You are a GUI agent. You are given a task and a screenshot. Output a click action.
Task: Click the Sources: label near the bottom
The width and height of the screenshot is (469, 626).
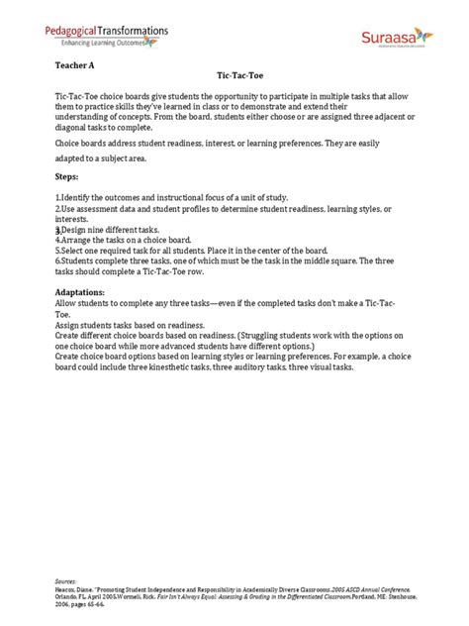(x=65, y=574)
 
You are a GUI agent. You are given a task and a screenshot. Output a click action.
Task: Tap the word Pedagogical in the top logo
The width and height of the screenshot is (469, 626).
(x=79, y=32)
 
